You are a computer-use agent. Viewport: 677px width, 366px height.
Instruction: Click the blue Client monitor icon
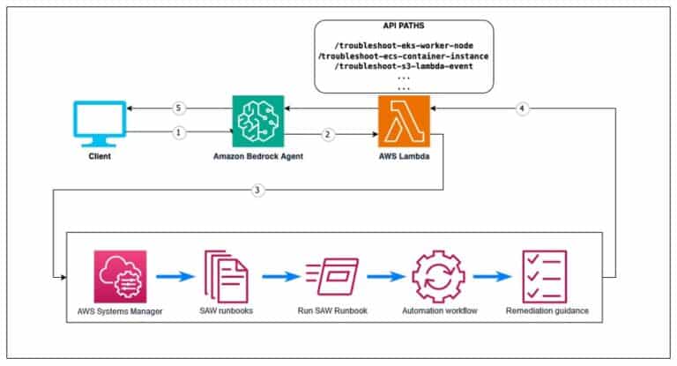(x=98, y=123)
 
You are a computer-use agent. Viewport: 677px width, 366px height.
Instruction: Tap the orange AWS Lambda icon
(x=403, y=122)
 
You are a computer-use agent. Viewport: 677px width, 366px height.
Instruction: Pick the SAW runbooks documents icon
(x=226, y=275)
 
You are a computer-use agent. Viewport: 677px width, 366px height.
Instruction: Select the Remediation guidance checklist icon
(x=544, y=275)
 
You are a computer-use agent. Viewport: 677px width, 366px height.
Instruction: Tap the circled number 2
(x=328, y=135)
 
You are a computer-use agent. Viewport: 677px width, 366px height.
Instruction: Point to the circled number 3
(x=257, y=190)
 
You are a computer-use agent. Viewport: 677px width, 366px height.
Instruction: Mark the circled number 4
(x=522, y=108)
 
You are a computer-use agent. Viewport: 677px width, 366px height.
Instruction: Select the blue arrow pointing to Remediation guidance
(x=492, y=275)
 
